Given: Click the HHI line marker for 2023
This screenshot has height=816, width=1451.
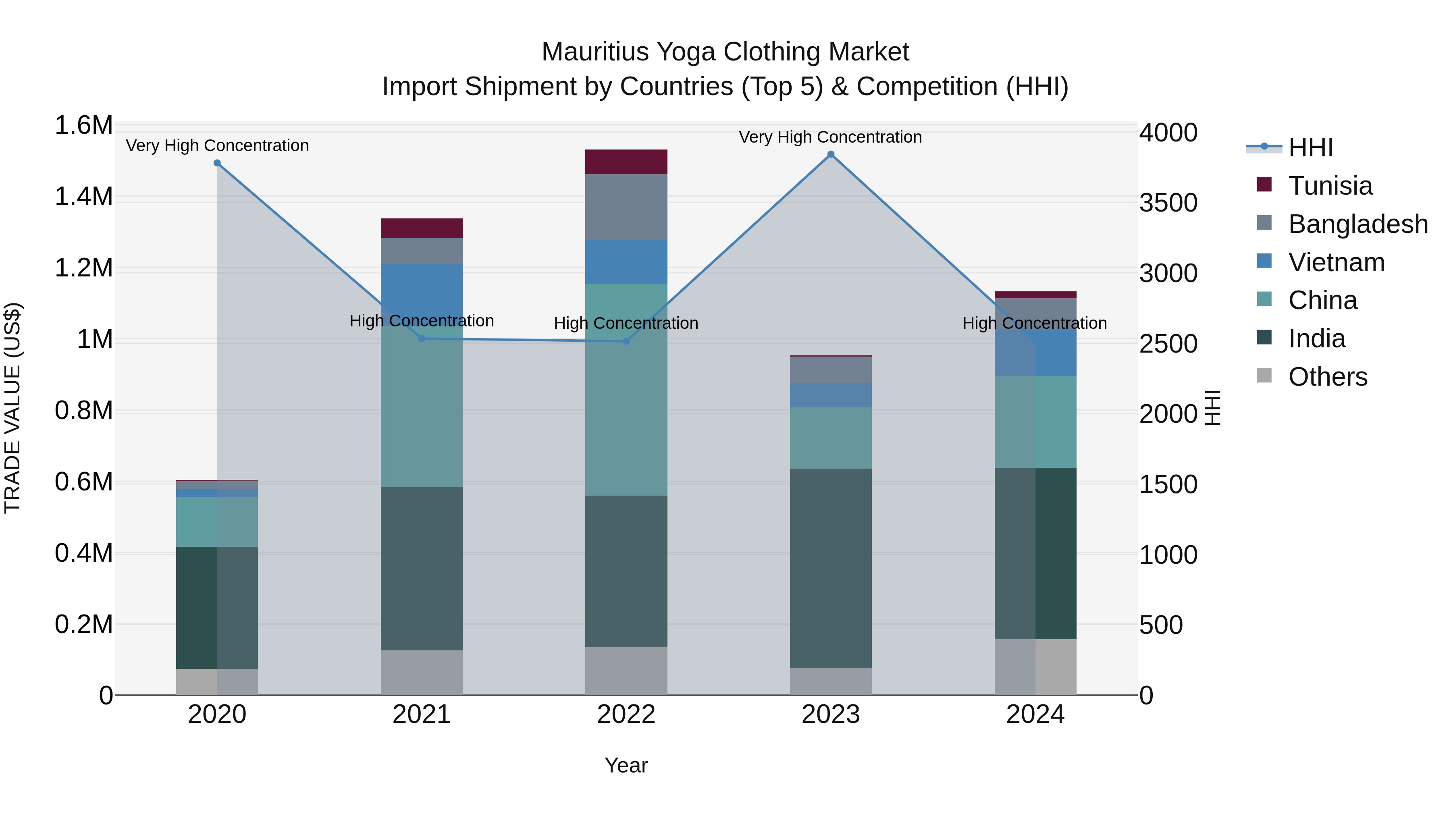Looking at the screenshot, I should point(830,154).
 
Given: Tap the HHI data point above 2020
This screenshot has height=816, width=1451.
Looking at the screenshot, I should point(217,163).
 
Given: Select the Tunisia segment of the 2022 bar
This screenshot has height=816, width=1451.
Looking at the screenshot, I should point(626,162).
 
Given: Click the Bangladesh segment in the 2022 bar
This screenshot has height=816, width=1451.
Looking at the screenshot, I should point(626,207).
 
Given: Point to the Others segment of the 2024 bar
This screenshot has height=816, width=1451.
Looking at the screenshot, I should point(1035,667).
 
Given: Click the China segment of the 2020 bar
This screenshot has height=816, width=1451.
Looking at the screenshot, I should point(217,521).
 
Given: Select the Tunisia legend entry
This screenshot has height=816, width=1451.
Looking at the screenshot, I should point(1330,186).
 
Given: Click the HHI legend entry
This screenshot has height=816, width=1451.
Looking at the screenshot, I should point(1310,147).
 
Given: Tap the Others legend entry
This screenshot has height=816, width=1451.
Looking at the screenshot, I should point(1327,377).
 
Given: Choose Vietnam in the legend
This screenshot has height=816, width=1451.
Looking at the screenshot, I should point(1336,262).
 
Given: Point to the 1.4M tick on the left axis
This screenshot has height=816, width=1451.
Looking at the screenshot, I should point(83,197).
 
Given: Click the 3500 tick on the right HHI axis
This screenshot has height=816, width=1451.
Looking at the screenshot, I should point(1168,203).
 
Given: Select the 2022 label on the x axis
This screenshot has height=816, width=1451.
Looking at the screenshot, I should point(626,714).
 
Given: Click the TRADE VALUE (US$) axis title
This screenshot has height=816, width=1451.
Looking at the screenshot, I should point(12,408).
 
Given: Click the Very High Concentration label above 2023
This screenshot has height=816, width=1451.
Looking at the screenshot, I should point(830,137).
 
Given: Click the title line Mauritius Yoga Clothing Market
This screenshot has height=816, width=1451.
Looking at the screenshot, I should point(725,52).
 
